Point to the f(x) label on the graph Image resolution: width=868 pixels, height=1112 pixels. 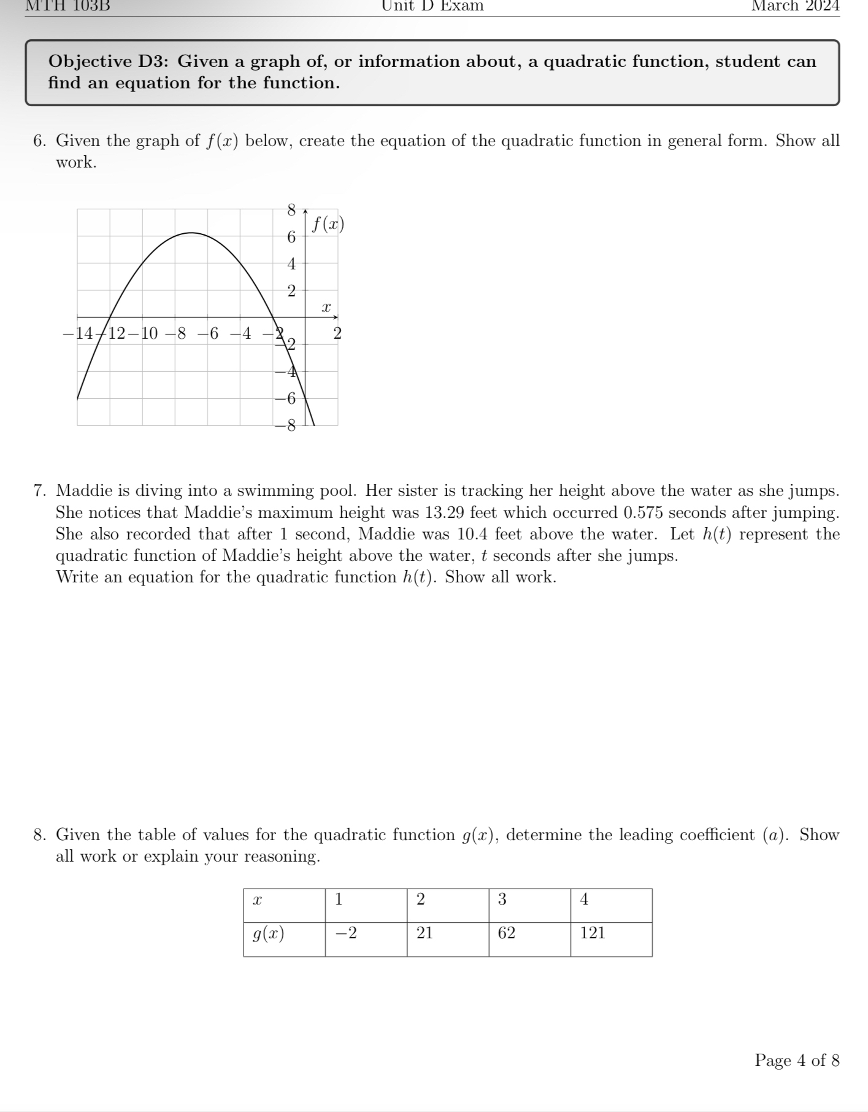(x=328, y=225)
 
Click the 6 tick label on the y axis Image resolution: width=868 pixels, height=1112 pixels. (x=291, y=237)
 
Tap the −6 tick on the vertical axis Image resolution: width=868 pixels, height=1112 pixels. (x=285, y=398)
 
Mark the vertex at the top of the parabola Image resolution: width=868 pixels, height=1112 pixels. (x=191, y=233)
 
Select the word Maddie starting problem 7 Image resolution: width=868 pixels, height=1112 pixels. (x=85, y=491)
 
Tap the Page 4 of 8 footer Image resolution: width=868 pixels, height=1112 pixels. (x=796, y=1060)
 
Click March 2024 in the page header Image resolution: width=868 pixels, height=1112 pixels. (x=795, y=6)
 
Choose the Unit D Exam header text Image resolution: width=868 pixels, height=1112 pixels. (x=432, y=6)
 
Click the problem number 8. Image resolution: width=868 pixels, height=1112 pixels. (x=39, y=835)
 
